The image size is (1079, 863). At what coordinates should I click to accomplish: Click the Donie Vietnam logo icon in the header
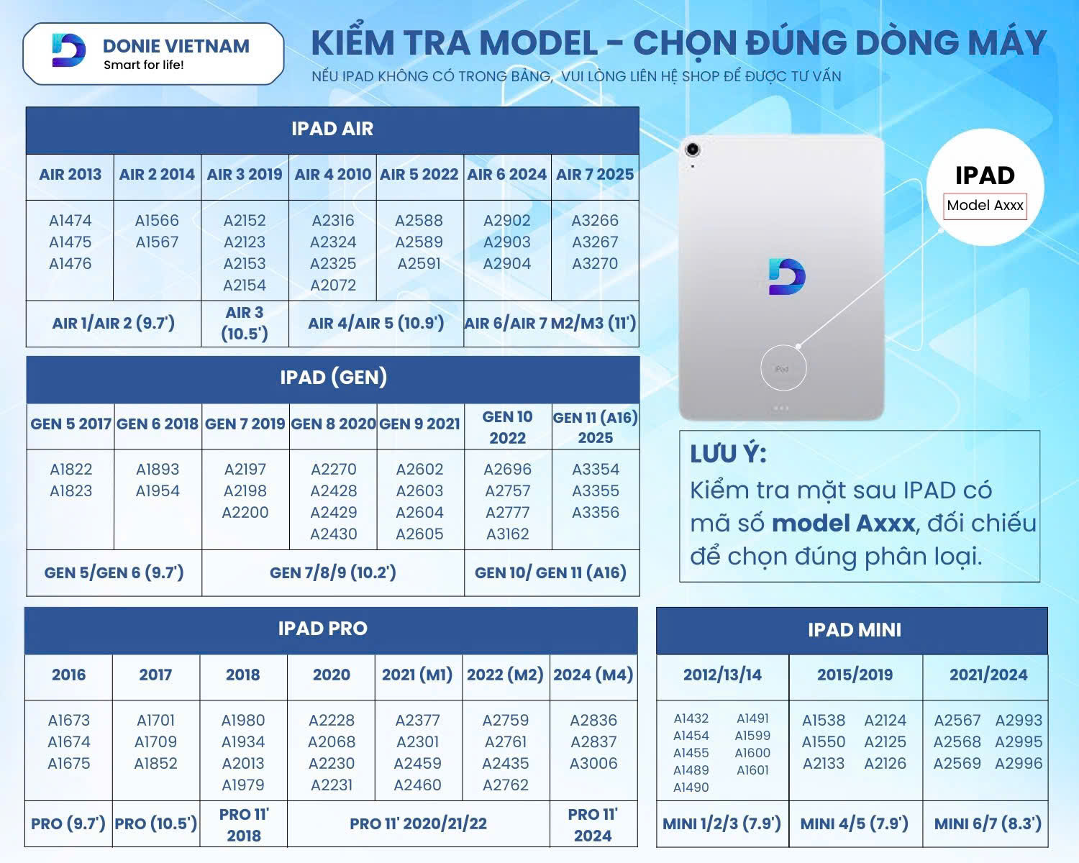68,50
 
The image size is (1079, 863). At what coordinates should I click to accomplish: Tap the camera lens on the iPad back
693,149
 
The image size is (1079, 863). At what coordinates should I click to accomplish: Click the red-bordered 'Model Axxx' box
985,206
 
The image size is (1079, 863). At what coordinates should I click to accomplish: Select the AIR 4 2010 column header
333,175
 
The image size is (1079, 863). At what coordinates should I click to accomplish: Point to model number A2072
333,285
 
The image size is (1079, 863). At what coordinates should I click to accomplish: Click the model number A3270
595,263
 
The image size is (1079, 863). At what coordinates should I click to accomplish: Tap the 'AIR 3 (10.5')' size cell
245,323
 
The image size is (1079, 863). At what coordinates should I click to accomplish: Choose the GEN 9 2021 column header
419,424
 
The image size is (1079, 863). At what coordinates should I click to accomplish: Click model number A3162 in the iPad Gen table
507,534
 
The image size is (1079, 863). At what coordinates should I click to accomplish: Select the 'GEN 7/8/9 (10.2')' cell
333,572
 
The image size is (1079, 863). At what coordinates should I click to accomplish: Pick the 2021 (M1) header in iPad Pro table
417,675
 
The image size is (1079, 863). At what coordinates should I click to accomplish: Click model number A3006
593,763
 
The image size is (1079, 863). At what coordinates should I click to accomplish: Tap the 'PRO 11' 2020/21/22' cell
418,823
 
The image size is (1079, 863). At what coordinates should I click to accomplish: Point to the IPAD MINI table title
855,630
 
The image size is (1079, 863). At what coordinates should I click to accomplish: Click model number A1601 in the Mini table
752,770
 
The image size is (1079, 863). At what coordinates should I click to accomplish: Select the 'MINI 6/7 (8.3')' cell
988,823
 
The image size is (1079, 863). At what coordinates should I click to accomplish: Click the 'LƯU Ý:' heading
728,454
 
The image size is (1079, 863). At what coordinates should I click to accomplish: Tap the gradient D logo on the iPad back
787,277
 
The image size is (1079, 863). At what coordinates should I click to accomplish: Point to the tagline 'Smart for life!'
143,65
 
